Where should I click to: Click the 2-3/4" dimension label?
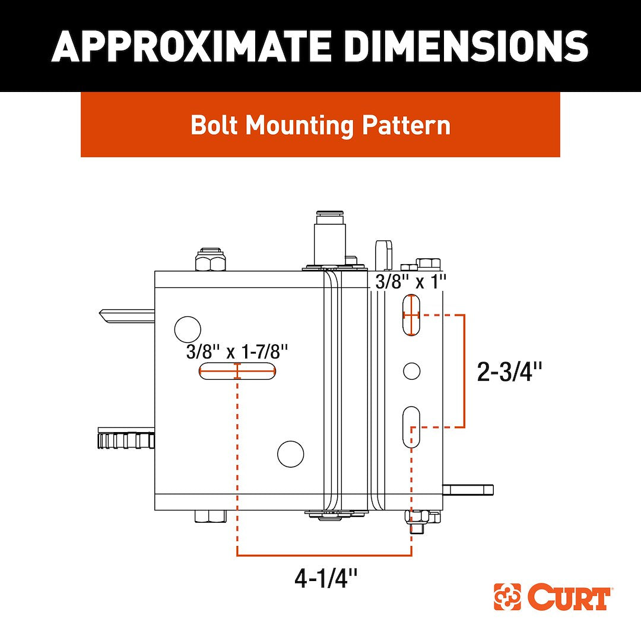pos(510,372)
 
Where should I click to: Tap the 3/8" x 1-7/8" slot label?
pos(237,352)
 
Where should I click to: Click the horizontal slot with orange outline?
pos(237,372)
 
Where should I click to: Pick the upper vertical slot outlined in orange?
pos(411,315)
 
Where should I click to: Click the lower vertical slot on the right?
pos(411,427)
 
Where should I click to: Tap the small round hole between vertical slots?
pos(411,371)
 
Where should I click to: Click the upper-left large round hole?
pos(188,329)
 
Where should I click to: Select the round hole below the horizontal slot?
pos(291,454)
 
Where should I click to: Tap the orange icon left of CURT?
pos(507,598)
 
